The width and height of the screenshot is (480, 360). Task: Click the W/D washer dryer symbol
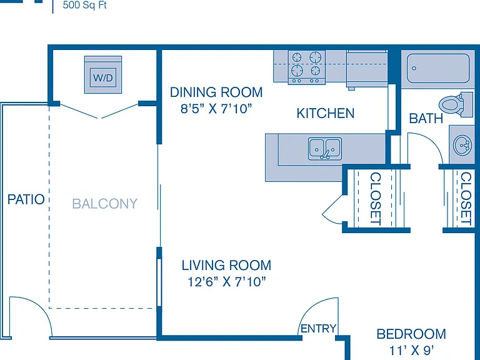click(x=103, y=75)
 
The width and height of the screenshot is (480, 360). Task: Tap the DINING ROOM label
click(x=216, y=92)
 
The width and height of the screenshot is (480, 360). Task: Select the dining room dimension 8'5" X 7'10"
click(x=216, y=108)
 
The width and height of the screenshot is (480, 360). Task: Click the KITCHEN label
click(x=326, y=113)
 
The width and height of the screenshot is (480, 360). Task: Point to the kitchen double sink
click(x=325, y=149)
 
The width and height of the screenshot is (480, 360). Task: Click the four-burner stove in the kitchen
click(x=306, y=67)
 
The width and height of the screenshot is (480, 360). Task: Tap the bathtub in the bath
click(x=437, y=68)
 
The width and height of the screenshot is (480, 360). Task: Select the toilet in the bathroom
click(x=456, y=105)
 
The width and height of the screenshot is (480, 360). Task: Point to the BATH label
click(x=426, y=119)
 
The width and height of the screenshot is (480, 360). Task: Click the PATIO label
click(x=26, y=199)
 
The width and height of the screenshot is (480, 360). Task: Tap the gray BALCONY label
click(x=105, y=204)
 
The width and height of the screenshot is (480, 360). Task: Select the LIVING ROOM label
click(x=226, y=266)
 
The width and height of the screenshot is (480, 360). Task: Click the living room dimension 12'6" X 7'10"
click(x=226, y=282)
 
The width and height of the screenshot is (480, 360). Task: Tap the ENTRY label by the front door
click(x=318, y=329)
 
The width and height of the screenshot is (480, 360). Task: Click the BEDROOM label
click(x=411, y=334)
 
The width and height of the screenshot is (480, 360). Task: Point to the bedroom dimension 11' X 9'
click(x=411, y=350)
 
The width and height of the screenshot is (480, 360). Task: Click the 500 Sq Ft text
click(x=84, y=5)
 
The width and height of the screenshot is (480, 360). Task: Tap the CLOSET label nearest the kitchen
click(x=376, y=199)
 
